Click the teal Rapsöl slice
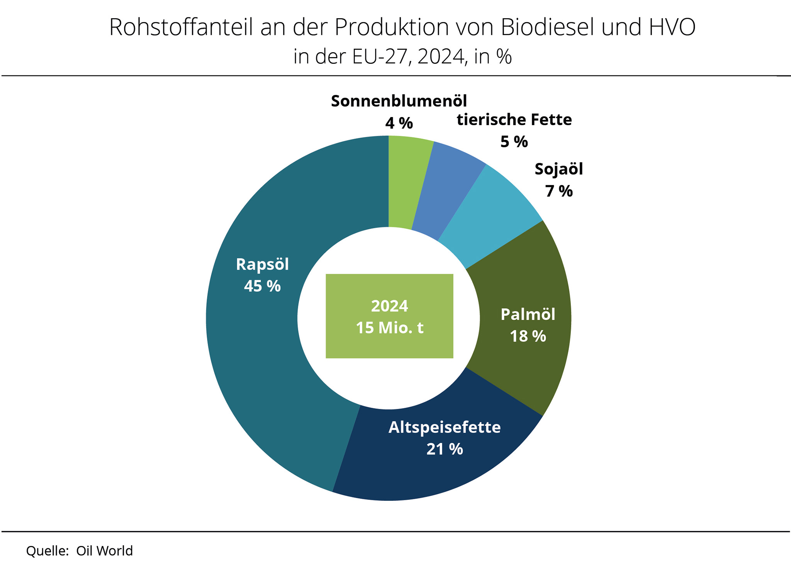point(255,348)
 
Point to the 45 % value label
point(262,286)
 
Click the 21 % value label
point(445,449)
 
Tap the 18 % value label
point(528,336)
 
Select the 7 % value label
point(558,191)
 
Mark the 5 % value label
point(514,142)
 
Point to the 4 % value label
point(399,123)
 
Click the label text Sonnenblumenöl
point(399,101)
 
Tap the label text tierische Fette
point(514,120)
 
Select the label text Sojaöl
point(558,169)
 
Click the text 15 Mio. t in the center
point(389,328)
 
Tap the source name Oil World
point(104,551)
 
